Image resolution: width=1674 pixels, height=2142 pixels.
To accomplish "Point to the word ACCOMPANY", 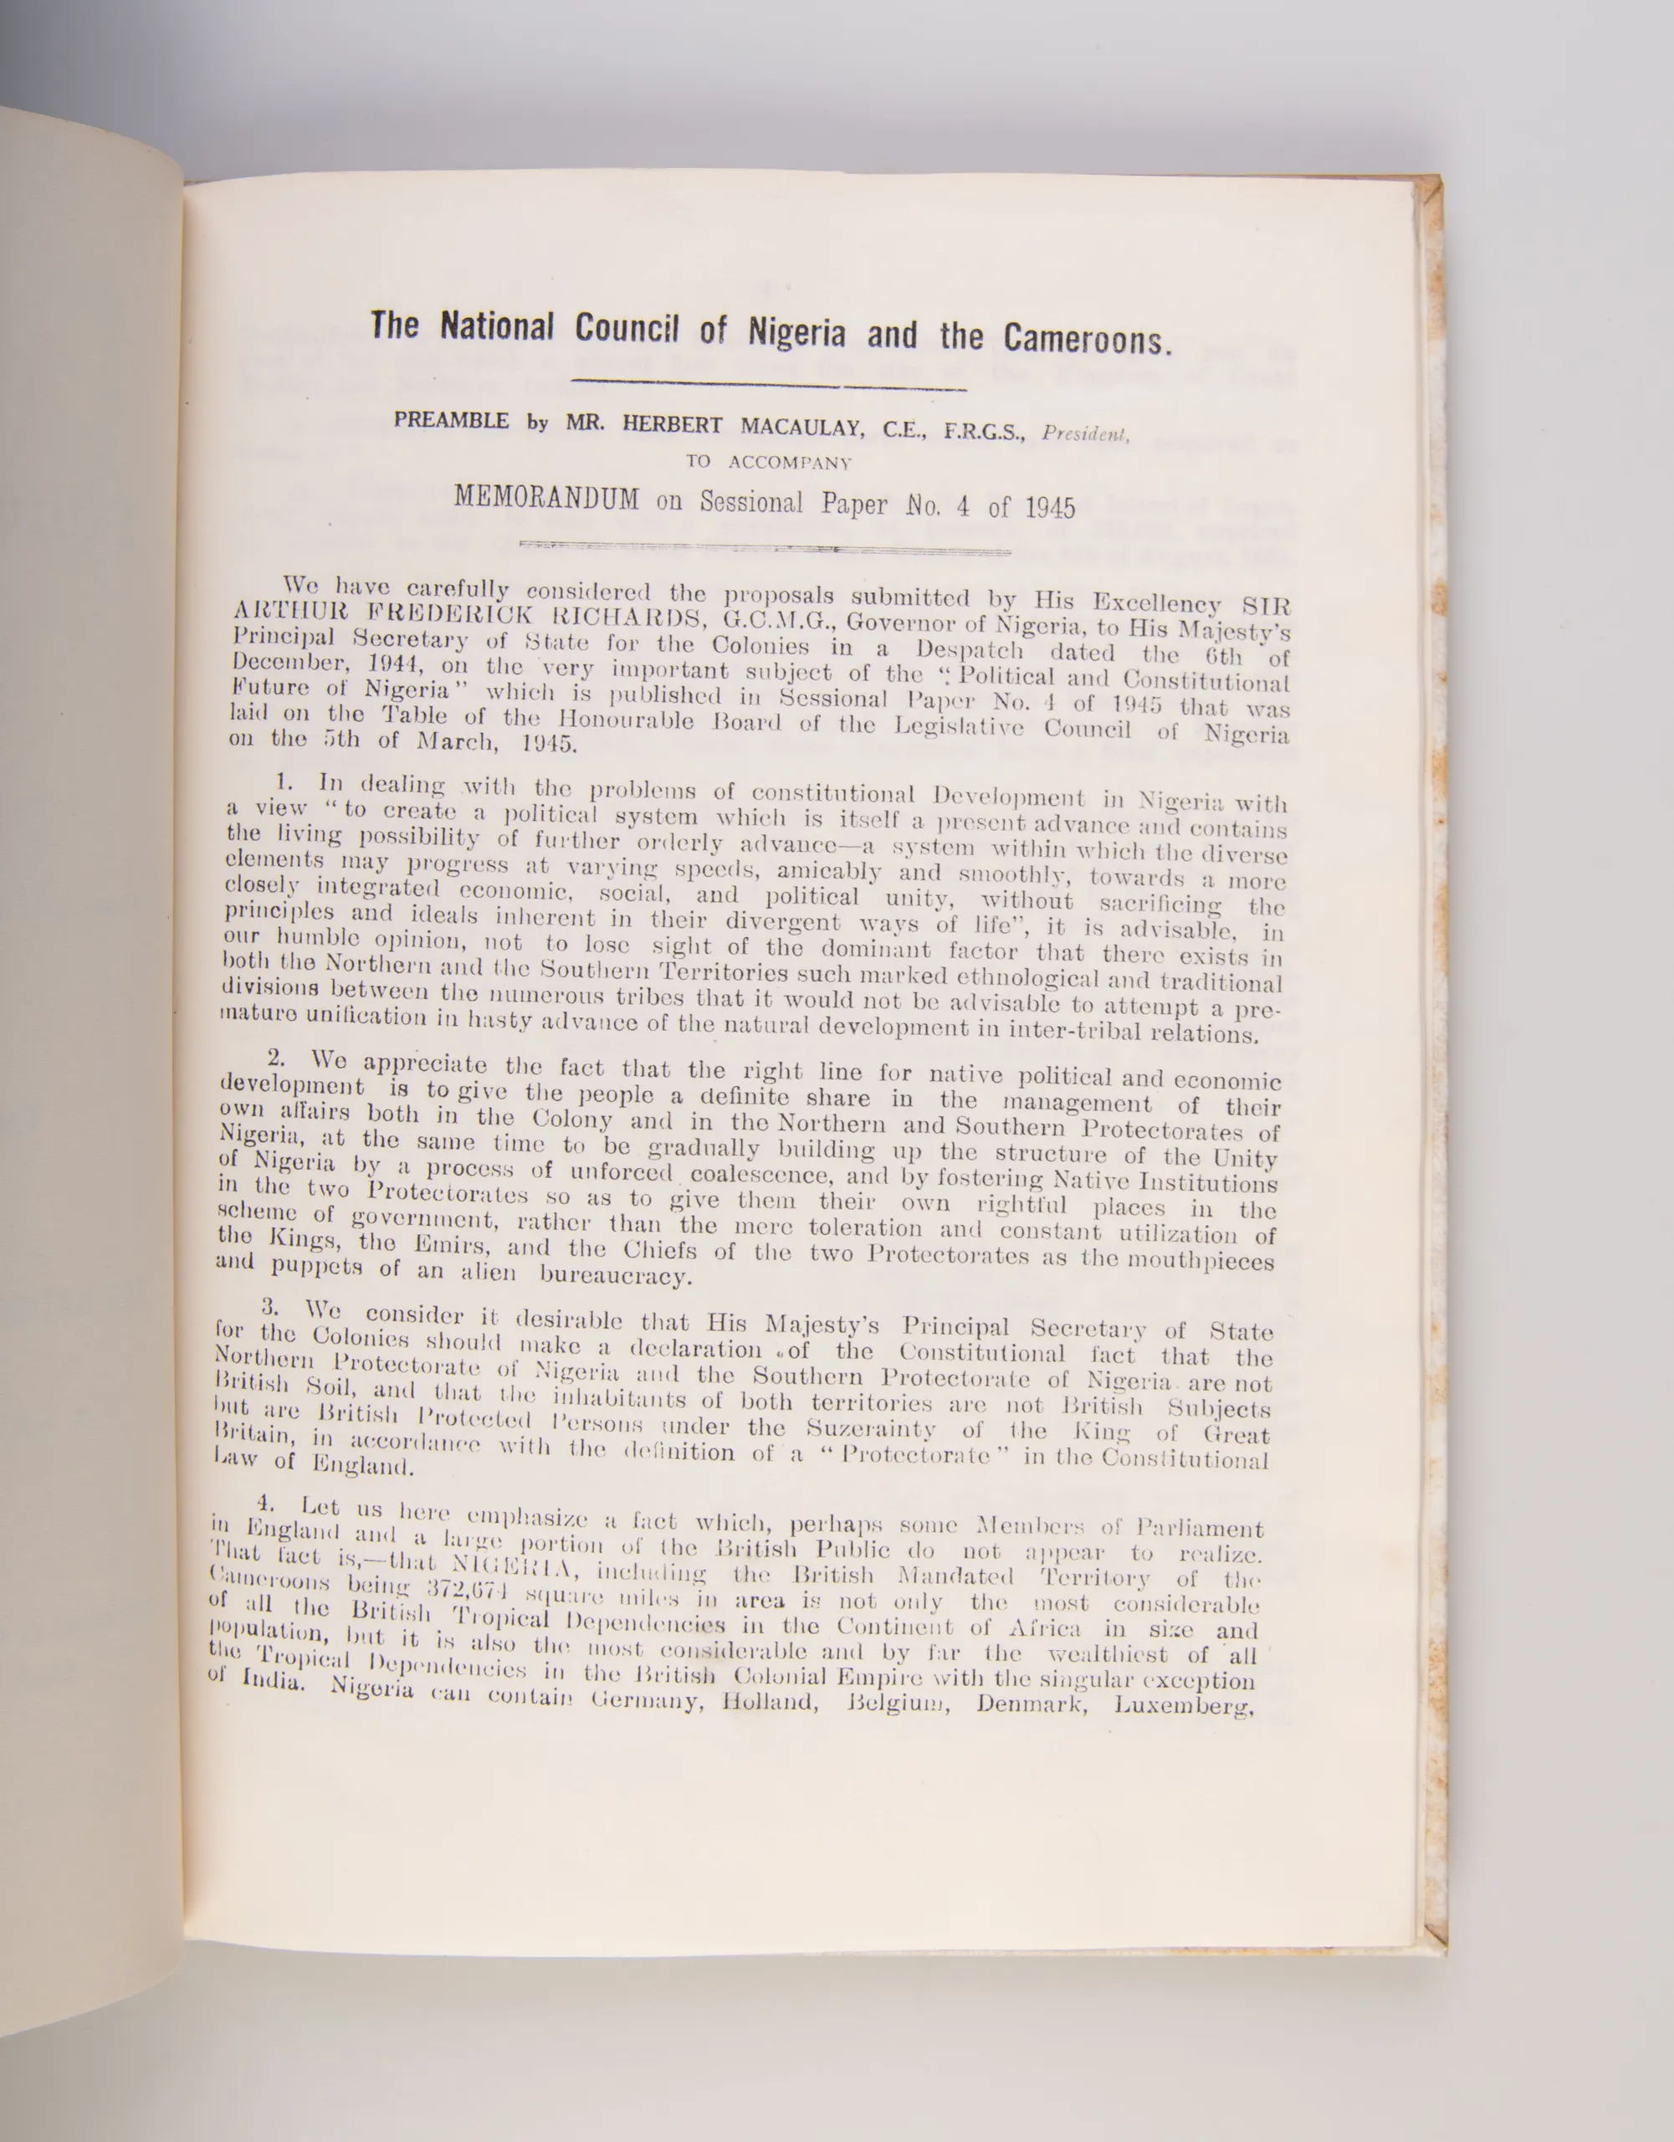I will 790,462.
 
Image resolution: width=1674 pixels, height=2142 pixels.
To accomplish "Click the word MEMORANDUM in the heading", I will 546,498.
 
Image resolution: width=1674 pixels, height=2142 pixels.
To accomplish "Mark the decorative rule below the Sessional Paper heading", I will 765,551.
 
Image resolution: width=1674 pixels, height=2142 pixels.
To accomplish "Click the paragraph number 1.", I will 287,781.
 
